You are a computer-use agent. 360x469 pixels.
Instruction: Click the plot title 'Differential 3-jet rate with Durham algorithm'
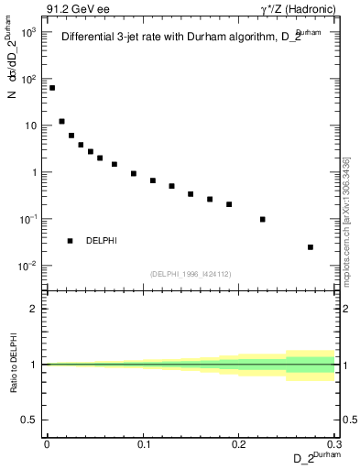tap(174, 38)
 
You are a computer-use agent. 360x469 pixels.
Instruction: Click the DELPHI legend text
tap(101, 241)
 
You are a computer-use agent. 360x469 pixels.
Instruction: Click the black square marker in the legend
tap(70, 241)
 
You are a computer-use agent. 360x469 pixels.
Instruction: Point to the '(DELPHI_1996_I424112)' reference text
tap(191, 273)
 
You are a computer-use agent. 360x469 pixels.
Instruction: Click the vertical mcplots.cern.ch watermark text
tap(345, 220)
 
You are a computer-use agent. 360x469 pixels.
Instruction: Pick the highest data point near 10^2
tap(52, 88)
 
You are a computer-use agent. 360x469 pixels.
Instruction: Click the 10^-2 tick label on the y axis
tap(29, 267)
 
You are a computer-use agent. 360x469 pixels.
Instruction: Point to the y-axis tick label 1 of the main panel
tap(34, 172)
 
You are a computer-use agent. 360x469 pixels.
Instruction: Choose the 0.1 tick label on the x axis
tap(143, 444)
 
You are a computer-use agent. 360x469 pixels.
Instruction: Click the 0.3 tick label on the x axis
tap(335, 444)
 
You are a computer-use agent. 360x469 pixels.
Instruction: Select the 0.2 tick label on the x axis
tap(239, 444)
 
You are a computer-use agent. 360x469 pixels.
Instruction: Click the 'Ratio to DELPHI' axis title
tap(14, 364)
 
